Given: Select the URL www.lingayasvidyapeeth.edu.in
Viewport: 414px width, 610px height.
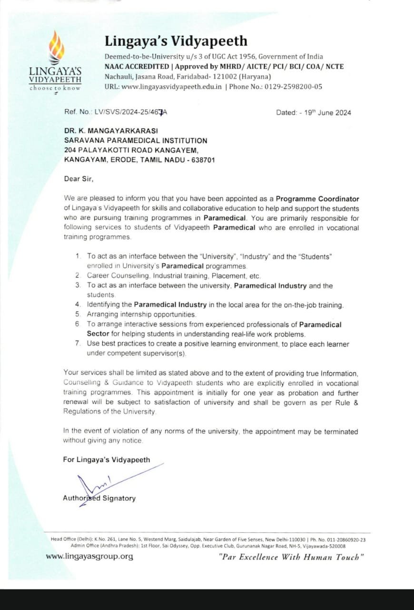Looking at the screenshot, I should click(x=172, y=87).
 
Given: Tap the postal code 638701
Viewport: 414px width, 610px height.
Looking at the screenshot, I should click(x=203, y=160).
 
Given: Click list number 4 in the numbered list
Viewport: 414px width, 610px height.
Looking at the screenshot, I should click(x=78, y=305).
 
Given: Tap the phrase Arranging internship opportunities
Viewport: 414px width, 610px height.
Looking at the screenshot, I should click(x=141, y=315).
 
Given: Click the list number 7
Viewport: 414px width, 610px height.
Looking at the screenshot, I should click(x=78, y=344).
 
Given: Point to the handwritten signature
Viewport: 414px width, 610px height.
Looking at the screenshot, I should click(x=95, y=485).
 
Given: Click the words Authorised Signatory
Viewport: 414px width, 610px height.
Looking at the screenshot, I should click(x=99, y=498).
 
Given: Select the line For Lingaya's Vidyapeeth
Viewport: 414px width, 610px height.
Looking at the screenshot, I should click(x=107, y=460).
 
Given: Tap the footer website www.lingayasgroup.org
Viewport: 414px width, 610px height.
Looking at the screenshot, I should click(x=89, y=556).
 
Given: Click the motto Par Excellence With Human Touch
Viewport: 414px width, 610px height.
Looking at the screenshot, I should click(x=291, y=557).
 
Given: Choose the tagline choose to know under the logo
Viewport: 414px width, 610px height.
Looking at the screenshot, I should click(x=55, y=88).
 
